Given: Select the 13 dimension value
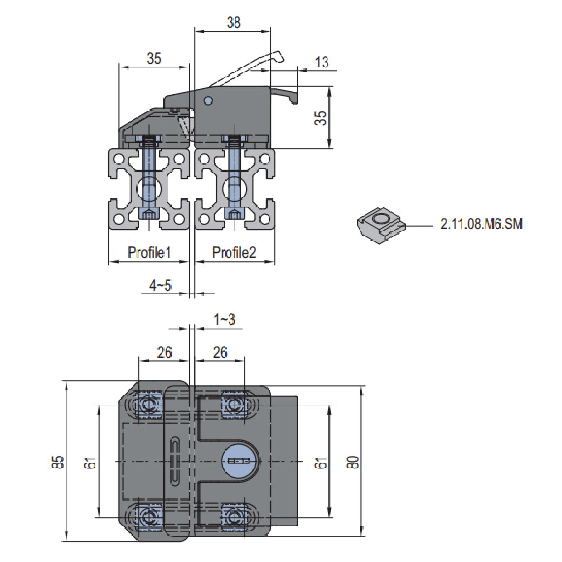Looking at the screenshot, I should point(321,62).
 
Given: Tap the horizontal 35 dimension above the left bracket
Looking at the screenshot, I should point(154,59).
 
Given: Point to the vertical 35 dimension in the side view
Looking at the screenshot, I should point(321,118).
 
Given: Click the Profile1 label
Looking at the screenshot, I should point(149,252).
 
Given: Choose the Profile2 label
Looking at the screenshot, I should point(234,252).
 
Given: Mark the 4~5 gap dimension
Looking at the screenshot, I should point(160,285).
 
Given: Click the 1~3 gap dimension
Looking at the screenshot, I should point(224,319).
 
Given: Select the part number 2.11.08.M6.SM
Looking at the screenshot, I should point(481,224).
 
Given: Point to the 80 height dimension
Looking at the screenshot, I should point(353,462).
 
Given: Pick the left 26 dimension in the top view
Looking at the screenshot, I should point(165,352).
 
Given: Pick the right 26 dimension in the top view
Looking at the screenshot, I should point(220,352).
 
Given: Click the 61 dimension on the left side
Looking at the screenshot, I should point(91,462).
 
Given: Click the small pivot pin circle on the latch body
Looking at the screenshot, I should point(209,100).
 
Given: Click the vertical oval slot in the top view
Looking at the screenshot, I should point(175,462).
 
